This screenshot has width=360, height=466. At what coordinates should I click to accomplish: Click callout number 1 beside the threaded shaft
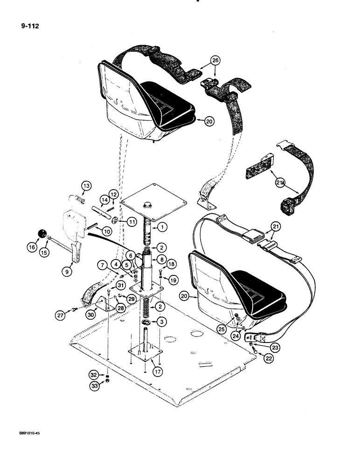click(161, 227)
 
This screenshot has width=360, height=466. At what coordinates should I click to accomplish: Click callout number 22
click(254, 358)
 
